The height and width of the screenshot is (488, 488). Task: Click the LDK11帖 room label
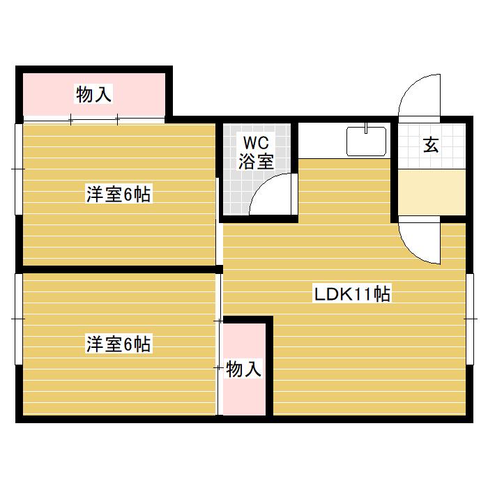352,294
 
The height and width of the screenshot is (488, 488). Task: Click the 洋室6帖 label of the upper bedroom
119,195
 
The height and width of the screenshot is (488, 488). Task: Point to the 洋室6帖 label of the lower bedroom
119,344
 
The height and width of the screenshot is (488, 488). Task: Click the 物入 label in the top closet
93,95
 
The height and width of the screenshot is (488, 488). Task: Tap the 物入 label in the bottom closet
244,369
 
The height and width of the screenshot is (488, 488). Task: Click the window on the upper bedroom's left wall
19,169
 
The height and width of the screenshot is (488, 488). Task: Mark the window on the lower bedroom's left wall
19,318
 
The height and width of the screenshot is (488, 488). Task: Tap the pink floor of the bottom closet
244,397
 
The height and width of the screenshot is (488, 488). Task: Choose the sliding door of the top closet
94,119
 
